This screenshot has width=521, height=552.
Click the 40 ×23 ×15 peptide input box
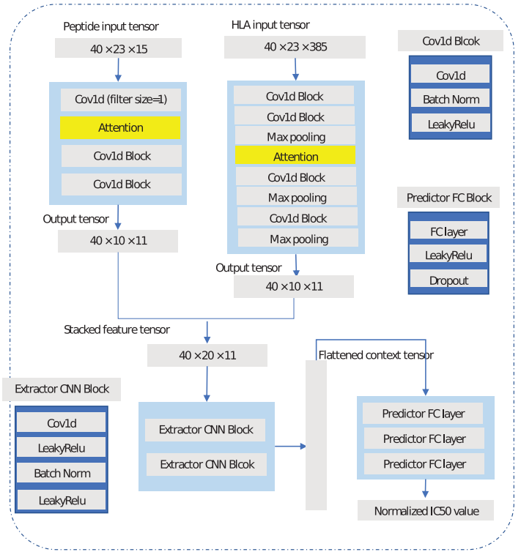[118, 48]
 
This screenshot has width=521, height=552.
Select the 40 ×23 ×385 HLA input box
[295, 48]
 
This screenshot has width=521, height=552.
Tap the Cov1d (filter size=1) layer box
[121, 100]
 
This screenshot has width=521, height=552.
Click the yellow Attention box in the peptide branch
[120, 127]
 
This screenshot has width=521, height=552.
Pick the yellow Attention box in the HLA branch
[295, 156]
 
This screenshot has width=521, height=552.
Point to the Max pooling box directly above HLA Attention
[295, 136]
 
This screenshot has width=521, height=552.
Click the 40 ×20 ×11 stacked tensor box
[207, 356]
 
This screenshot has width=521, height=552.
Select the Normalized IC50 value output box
[425, 510]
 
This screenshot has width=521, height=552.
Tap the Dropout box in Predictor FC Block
[448, 280]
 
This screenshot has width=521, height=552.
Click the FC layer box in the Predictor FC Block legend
[448, 231]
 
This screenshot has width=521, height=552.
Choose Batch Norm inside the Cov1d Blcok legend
[451, 100]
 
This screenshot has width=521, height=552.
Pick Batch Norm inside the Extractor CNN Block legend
[62, 473]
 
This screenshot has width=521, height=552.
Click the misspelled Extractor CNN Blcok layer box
[207, 463]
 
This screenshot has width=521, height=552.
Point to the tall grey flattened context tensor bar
[316, 435]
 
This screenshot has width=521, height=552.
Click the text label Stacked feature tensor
[117, 329]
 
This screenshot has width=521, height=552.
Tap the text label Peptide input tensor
[111, 27]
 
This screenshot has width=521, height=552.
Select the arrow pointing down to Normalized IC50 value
[425, 489]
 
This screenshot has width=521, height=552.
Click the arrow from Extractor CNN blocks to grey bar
[290, 446]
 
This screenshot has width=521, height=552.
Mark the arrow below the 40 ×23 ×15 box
[118, 70]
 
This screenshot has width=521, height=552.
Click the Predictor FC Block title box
[448, 198]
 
